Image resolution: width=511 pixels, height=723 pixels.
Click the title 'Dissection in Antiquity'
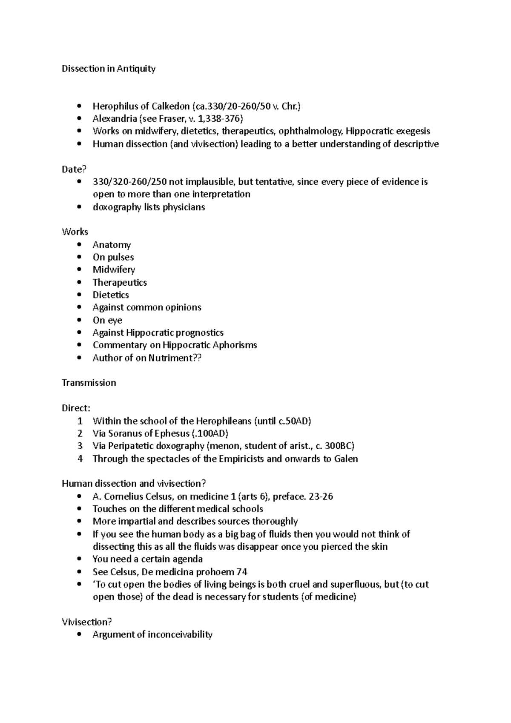(x=109, y=69)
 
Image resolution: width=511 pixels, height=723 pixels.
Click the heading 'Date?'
(x=74, y=169)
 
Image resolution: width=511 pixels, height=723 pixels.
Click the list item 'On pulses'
(x=113, y=257)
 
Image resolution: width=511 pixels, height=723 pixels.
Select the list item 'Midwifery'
(x=114, y=270)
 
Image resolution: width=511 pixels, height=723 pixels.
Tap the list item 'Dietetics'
(x=111, y=295)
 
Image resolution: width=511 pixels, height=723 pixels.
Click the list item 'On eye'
(x=107, y=320)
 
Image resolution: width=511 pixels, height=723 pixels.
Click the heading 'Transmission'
(x=89, y=383)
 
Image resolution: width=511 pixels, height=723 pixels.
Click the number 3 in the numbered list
(x=80, y=446)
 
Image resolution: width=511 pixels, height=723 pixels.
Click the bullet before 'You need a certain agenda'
(x=79, y=559)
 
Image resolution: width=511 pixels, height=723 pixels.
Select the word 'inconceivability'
(x=180, y=634)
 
